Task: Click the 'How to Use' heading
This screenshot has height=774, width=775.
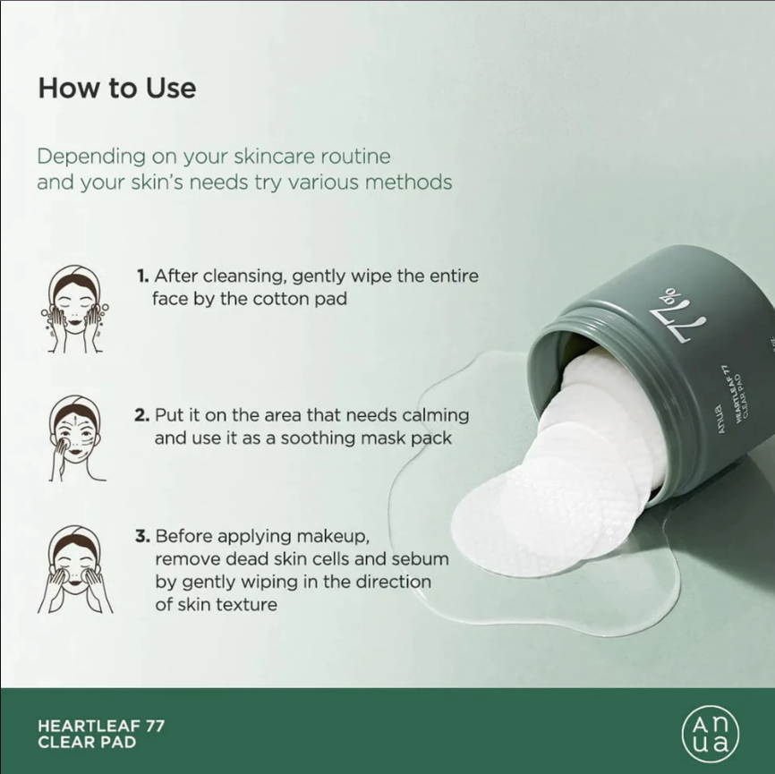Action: [117, 88]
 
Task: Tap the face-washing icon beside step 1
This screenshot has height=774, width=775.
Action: [75, 309]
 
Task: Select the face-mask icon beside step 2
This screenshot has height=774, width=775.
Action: [76, 438]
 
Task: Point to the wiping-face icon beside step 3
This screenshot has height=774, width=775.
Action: [75, 569]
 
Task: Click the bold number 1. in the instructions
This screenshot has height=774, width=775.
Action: [143, 276]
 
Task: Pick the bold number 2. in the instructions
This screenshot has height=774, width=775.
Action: [142, 415]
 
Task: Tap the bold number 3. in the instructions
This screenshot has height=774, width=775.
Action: [142, 536]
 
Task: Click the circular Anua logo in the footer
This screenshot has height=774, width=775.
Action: [711, 734]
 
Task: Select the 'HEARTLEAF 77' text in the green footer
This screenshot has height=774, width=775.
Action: [101, 726]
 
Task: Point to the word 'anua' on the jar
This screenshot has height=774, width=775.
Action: [720, 420]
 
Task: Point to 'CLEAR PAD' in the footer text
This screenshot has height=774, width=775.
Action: [87, 743]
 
